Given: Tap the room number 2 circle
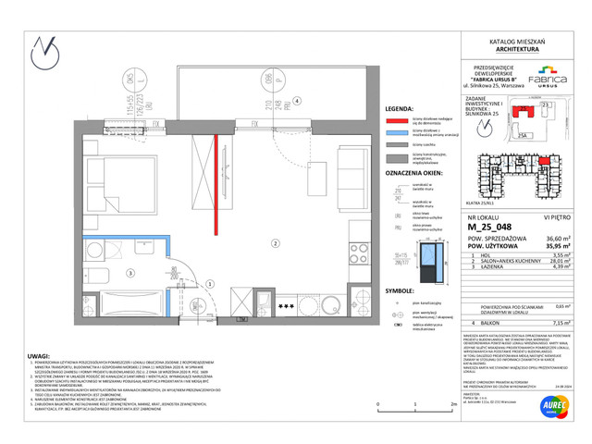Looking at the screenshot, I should pyautogui.click(x=274, y=243).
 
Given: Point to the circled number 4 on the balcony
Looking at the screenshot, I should pyautogui.click(x=296, y=101).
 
